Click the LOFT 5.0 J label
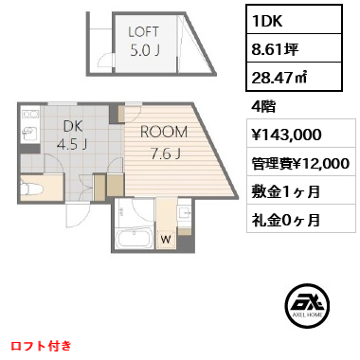click(x=144, y=42)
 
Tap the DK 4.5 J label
click(x=73, y=135)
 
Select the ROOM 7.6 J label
click(x=164, y=142)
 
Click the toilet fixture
click(x=27, y=189)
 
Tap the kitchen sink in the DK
click(x=29, y=133)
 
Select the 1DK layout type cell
click(x=294, y=20)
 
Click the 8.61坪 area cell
click(x=294, y=48)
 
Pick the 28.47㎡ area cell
click(x=294, y=77)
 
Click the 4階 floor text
click(x=263, y=107)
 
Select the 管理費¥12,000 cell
click(x=301, y=162)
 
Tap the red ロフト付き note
click(x=41, y=346)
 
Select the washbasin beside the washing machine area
click(x=185, y=212)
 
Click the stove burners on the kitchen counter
click(x=30, y=114)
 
